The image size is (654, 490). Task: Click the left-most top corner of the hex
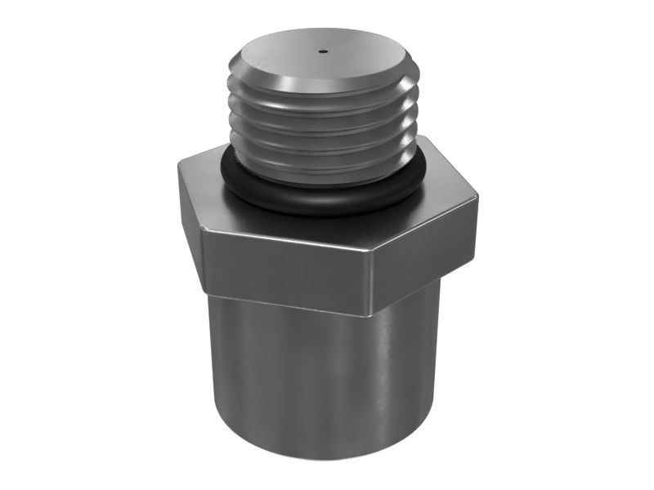(x=179, y=164)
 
